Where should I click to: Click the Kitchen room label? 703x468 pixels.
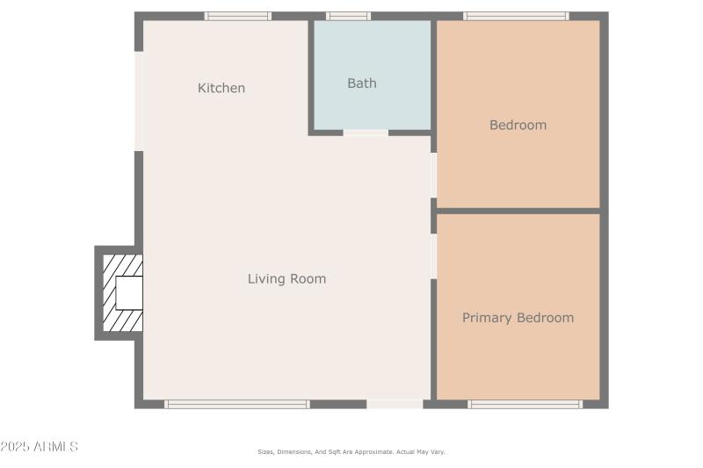pos(221,88)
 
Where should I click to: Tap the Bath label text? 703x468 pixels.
pos(362,83)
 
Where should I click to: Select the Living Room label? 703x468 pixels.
pos(286,279)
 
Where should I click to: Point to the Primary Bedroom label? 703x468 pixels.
pos(518,318)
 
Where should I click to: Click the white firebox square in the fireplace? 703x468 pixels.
pos(129,292)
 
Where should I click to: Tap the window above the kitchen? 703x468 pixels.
pos(238,16)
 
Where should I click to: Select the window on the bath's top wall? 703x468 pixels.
pos(348,16)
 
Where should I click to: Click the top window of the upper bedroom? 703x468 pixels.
pos(516,16)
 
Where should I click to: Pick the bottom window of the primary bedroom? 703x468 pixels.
pos(525,405)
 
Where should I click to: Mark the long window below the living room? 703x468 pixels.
pos(237,405)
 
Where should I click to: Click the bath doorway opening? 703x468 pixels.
pos(366,133)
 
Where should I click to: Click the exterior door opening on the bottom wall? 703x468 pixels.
pos(395,405)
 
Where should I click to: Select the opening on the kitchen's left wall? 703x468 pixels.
pos(139,101)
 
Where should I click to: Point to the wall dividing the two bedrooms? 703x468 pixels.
pos(518,211)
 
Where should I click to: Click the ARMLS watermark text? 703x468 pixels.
pos(40,447)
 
